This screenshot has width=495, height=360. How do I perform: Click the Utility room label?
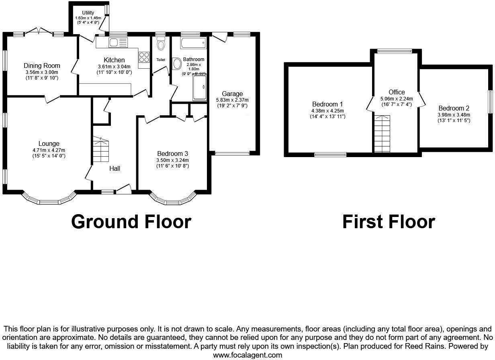pos(88,13)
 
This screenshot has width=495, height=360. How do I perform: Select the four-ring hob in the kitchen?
pos(143,57)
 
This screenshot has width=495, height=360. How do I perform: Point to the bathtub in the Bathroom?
pos(193,42)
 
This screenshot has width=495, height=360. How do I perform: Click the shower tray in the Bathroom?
pos(200,87)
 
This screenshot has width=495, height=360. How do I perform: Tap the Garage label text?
pos(232,94)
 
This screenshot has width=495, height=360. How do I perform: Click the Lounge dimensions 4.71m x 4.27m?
pos(49,150)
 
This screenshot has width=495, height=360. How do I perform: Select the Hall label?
pos(115,169)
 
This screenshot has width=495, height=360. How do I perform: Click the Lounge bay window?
pos(49,200)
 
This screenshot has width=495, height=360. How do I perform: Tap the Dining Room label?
pos(42,65)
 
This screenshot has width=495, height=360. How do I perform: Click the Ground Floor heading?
pos(131,222)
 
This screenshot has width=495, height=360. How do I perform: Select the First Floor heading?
pos(389,222)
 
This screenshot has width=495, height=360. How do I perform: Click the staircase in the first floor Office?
pos(382,134)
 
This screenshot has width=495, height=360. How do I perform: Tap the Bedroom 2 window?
pos(490,101)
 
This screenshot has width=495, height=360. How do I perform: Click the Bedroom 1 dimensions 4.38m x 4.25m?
pos(327,111)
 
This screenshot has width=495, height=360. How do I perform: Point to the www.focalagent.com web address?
pos(247,355)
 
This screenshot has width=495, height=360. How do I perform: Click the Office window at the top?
pos(395,51)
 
